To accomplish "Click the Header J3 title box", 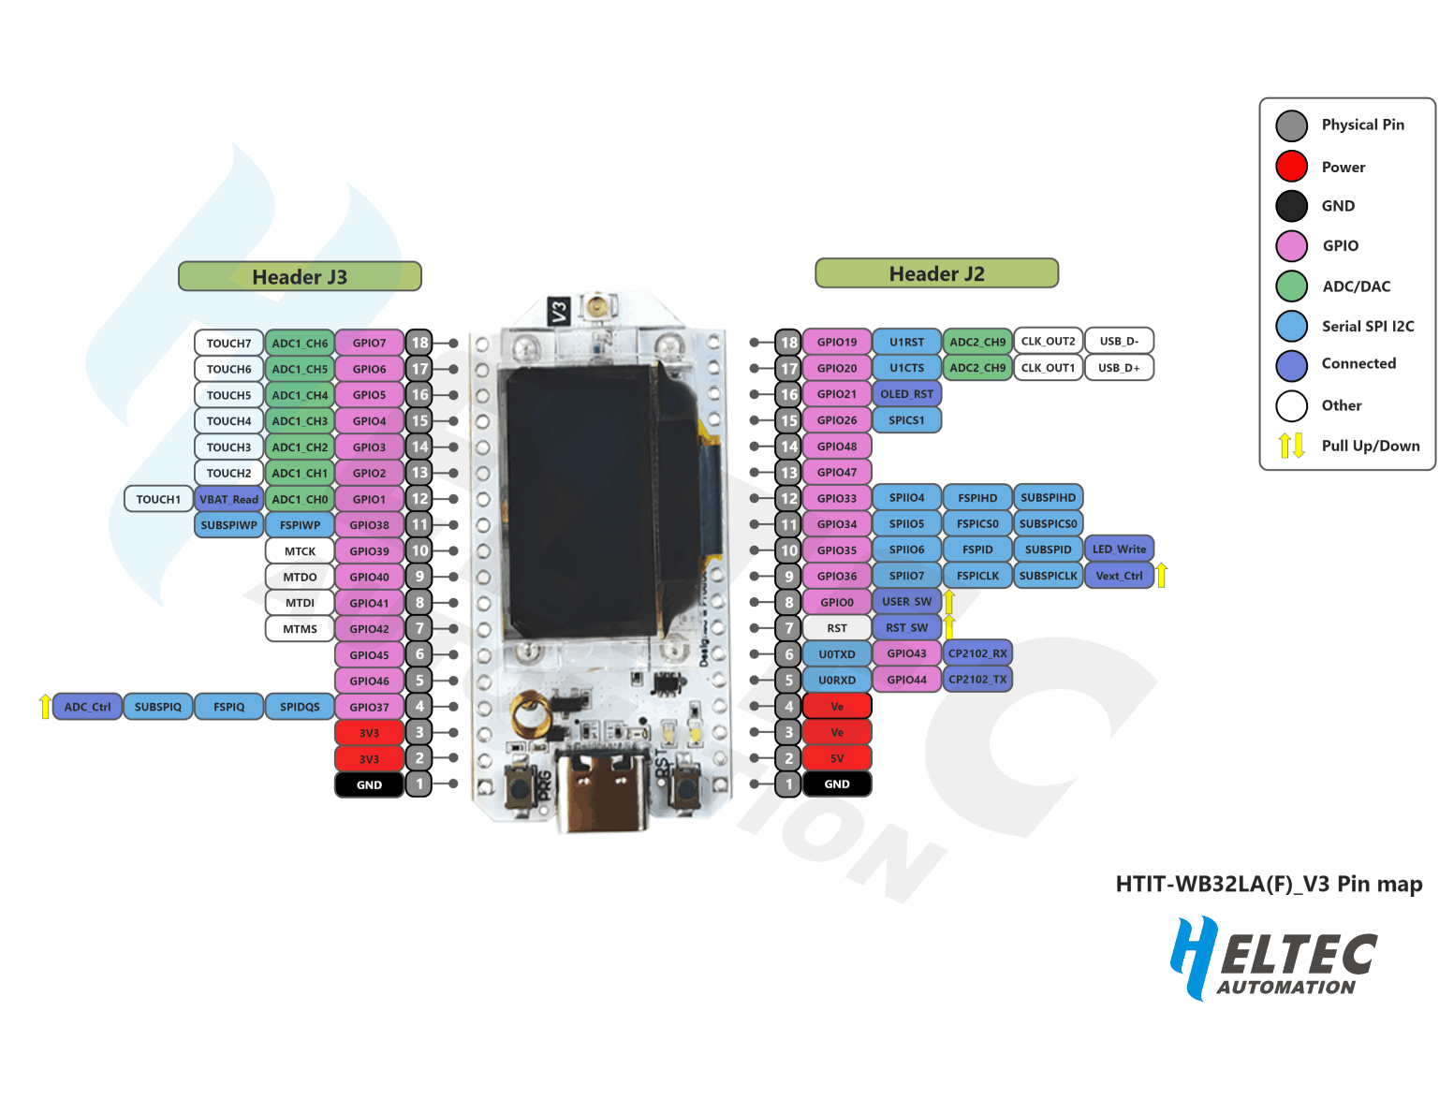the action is (300, 275).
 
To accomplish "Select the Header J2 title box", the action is (935, 272).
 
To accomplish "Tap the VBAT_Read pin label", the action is (228, 498).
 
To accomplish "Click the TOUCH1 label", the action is (158, 498).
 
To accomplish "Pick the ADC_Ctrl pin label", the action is (87, 706).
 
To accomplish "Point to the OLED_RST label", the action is (906, 393).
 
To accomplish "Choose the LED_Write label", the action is (1119, 549).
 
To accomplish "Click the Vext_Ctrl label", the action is (1119, 575).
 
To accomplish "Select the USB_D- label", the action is (1119, 340).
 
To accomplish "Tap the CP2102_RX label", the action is (976, 652).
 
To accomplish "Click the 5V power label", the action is (836, 757).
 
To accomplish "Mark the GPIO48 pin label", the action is (836, 446).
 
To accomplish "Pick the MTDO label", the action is (300, 577).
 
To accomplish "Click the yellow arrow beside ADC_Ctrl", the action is (45, 706).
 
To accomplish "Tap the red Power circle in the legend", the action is (1291, 166).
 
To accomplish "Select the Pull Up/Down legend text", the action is (1370, 446).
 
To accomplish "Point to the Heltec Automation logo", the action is (1272, 957).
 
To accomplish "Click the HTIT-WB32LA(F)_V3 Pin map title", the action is (1269, 883).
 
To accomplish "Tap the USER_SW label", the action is (906, 601).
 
